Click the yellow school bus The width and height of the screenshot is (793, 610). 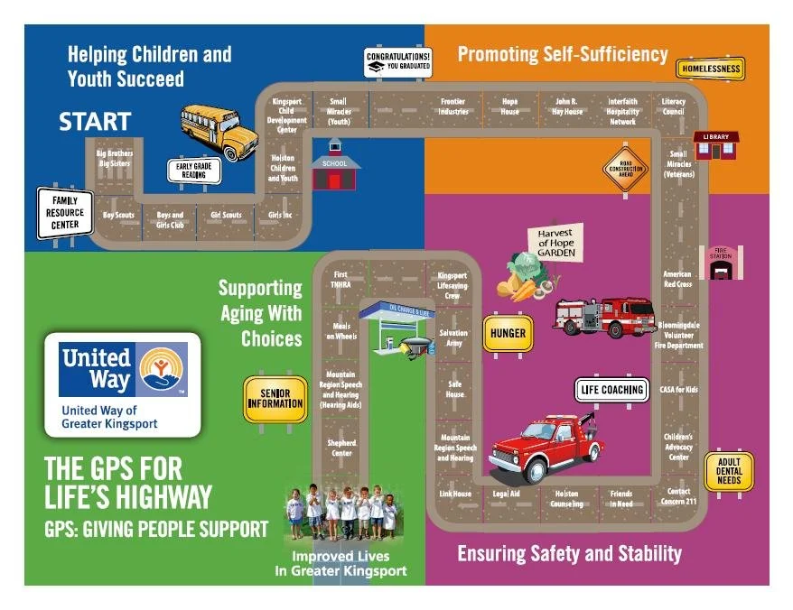219,130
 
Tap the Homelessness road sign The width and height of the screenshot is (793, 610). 711,69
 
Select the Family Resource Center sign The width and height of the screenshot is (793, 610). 65,213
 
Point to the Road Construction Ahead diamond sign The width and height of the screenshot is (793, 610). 625,168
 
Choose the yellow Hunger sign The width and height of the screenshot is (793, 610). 508,333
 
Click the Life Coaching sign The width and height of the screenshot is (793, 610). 612,390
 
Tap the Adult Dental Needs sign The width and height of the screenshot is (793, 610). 728,470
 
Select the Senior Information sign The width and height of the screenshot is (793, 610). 275,399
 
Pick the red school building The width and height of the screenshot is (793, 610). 335,166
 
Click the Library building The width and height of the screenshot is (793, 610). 716,144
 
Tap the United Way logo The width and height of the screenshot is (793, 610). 123,384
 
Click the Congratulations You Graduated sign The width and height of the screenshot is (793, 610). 398,62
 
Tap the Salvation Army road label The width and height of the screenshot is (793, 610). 453,338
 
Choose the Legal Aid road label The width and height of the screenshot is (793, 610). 507,494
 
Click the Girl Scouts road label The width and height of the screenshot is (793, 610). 226,216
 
